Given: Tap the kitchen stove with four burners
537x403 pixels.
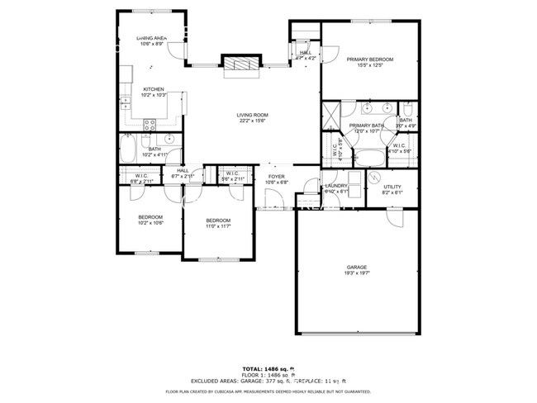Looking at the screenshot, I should click(151, 125).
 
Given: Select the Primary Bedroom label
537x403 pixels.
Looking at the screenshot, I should click(369, 59).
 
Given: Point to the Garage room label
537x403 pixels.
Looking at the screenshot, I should click(356, 267).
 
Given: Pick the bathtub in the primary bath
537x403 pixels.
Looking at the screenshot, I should click(369, 156).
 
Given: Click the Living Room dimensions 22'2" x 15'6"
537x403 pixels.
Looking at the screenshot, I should click(252, 121).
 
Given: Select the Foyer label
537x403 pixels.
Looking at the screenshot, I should click(276, 176).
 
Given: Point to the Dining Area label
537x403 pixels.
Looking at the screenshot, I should click(153, 38).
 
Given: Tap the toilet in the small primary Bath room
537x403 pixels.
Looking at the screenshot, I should click(407, 109).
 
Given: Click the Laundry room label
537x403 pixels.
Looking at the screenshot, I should click(335, 186).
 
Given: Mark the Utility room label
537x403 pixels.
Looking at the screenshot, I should click(393, 186).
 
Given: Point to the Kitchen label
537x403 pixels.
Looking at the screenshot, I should click(154, 89).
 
